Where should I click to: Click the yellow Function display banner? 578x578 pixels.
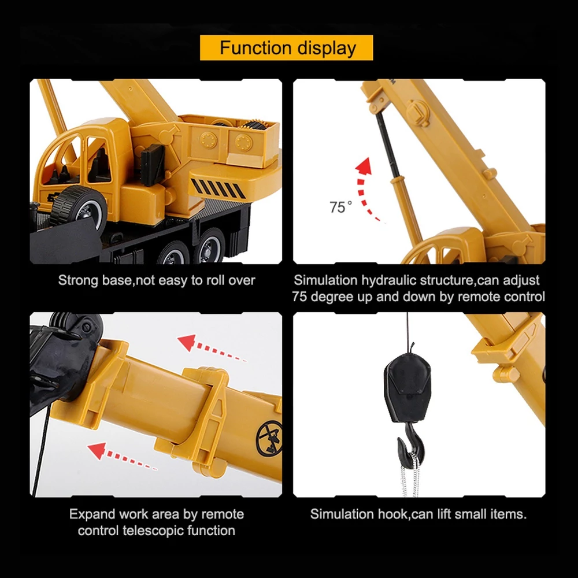click(287, 47)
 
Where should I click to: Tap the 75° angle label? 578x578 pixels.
click(340, 207)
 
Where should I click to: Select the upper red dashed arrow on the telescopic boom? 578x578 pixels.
click(212, 348)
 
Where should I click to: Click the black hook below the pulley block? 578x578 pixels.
click(410, 446)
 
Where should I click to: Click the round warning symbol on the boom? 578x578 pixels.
click(269, 439)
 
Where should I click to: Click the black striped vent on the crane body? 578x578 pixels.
click(218, 188)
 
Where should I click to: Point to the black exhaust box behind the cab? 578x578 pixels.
click(153, 165)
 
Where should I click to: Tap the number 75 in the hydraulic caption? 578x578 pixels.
click(299, 297)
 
